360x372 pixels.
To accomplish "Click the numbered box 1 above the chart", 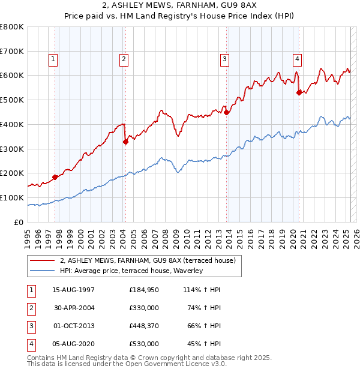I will (53, 59).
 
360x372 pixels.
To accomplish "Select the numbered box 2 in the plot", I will (123, 59).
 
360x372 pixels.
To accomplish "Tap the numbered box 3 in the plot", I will (224, 59).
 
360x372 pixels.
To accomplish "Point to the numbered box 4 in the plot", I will (297, 59).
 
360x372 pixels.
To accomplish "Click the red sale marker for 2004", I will (125, 142).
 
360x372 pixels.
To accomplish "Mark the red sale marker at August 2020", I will (299, 92).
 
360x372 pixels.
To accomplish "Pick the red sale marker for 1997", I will (55, 177).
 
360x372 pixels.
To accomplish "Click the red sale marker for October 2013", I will (226, 112).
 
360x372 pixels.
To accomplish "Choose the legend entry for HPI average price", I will (132, 271).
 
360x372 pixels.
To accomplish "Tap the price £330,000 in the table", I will (144, 308).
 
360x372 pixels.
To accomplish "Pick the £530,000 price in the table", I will (144, 344).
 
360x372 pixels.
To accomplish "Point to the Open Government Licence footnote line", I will (127, 364).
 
